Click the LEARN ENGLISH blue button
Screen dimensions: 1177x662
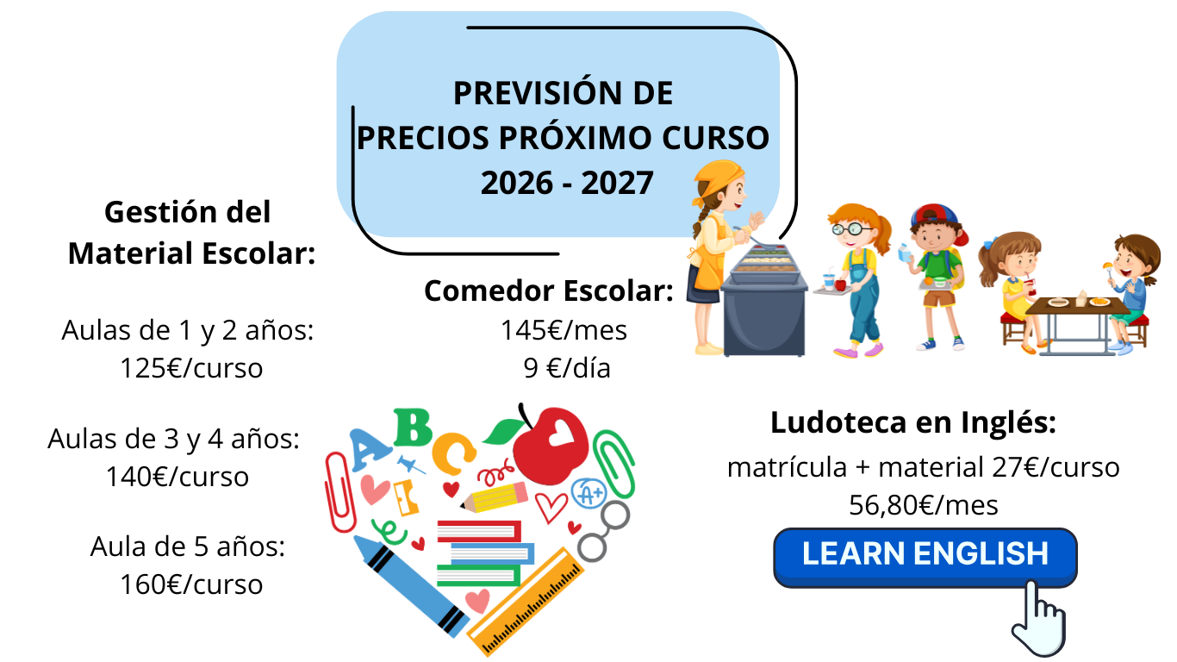coord(925,558)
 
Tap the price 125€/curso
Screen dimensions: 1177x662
coord(191,368)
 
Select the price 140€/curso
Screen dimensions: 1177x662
coord(177,477)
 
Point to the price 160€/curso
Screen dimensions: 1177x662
coord(191,584)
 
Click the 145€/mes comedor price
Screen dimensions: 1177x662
coord(564,331)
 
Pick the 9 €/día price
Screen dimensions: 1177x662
coord(567,368)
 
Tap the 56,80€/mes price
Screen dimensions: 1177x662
coord(923,505)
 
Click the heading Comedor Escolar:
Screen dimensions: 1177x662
coord(549,290)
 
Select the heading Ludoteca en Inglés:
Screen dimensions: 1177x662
coord(913,422)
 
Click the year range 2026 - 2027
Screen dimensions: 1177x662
coord(567,183)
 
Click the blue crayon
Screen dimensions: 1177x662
coord(411,586)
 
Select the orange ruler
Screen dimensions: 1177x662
coord(526,602)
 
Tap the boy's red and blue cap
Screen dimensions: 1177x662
coord(938,221)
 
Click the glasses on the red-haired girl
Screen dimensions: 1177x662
coord(850,229)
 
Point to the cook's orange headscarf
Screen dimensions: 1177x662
coord(717,178)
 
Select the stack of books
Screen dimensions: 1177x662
coord(485,553)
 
